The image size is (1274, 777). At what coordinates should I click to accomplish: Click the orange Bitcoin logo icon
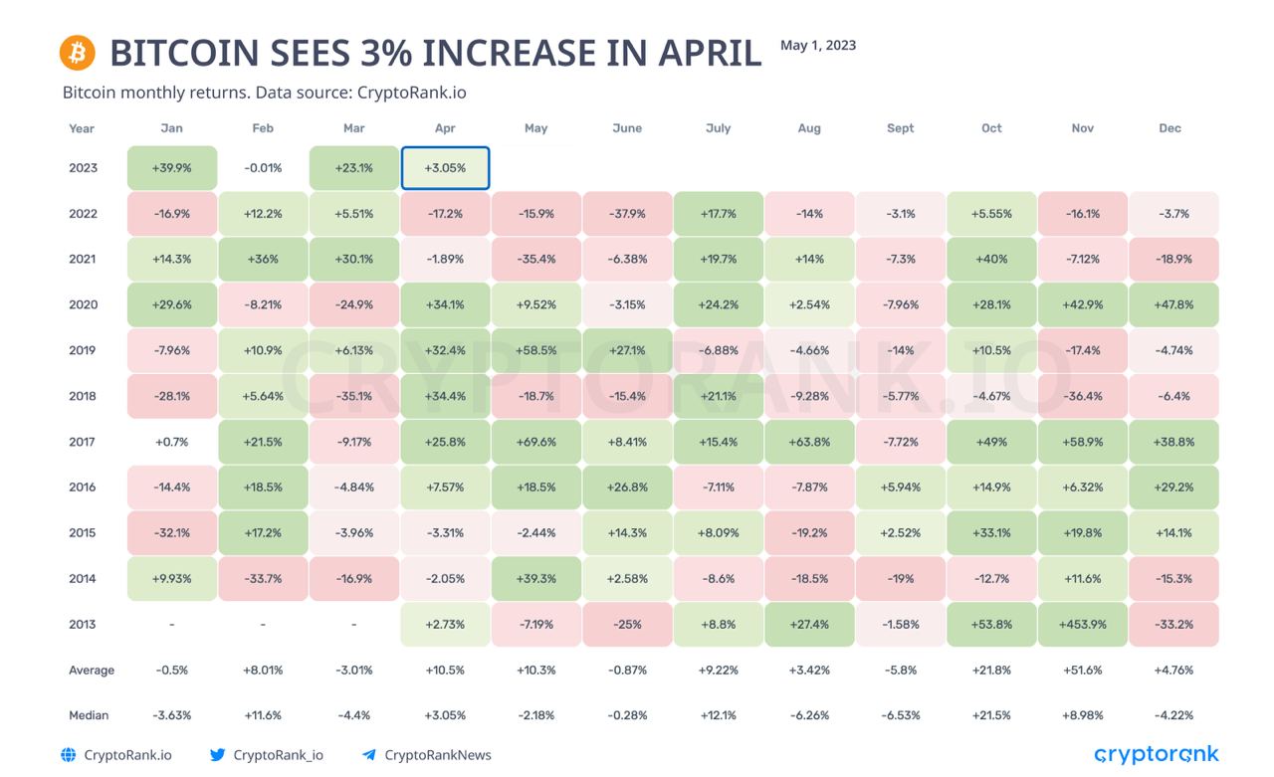[x=77, y=52]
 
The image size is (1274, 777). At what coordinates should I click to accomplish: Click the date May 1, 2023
[x=818, y=45]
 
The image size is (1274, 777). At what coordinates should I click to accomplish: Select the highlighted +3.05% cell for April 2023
[x=445, y=168]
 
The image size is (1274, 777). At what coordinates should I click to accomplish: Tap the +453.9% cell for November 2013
[x=1082, y=625]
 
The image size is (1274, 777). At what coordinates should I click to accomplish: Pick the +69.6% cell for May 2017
[x=535, y=442]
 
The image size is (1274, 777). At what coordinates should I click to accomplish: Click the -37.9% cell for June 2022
[x=627, y=214]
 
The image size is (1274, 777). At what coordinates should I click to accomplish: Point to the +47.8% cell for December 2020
[x=1173, y=305]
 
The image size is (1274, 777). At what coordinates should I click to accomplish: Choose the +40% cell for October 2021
[x=991, y=260]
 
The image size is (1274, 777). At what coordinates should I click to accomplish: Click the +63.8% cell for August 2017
[x=809, y=442]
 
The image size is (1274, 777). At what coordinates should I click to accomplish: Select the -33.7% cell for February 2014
[x=263, y=579]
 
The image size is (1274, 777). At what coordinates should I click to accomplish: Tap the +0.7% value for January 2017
[x=171, y=442]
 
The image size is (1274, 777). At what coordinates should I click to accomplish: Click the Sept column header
[x=900, y=128]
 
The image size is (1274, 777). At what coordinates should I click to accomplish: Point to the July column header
[x=718, y=128]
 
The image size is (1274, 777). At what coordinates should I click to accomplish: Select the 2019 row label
[x=83, y=350]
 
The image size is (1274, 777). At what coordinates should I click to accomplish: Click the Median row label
[x=89, y=715]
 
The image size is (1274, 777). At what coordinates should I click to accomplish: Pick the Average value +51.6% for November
[x=1082, y=671]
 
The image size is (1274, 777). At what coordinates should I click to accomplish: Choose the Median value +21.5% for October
[x=991, y=715]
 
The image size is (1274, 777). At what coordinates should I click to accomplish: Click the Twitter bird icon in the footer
[x=217, y=755]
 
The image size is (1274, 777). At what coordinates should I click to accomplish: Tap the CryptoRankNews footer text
[x=437, y=755]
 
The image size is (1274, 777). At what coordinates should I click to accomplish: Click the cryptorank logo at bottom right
[x=1157, y=754]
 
